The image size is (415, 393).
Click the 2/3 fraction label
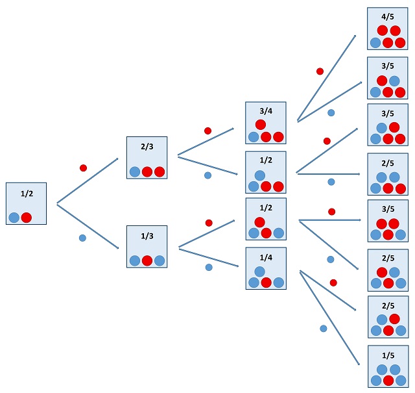pyautogui.click(x=148, y=147)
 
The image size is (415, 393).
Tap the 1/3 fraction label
pyautogui.click(x=148, y=236)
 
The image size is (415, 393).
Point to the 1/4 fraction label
pyautogui.click(x=266, y=256)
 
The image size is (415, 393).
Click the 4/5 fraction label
pyautogui.click(x=388, y=16)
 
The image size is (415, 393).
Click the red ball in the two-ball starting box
pyautogui.click(x=27, y=218)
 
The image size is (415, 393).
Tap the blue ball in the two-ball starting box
pyautogui.click(x=14, y=218)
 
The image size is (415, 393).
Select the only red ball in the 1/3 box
pyautogui.click(x=147, y=261)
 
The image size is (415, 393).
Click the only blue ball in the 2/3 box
pyautogui.click(x=135, y=172)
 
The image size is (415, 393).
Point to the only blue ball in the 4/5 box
pyautogui.click(x=375, y=43)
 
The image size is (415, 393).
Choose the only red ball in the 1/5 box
pyautogui.click(x=388, y=381)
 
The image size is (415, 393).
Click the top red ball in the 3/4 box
pyautogui.click(x=260, y=125)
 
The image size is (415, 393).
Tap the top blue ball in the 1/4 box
pyautogui.click(x=260, y=271)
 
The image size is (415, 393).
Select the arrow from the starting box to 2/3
pyautogui.click(x=88, y=181)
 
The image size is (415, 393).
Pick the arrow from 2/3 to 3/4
pyautogui.click(x=206, y=142)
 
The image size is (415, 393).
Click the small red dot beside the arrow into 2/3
pyautogui.click(x=83, y=168)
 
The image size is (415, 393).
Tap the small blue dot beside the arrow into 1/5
pyautogui.click(x=323, y=329)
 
